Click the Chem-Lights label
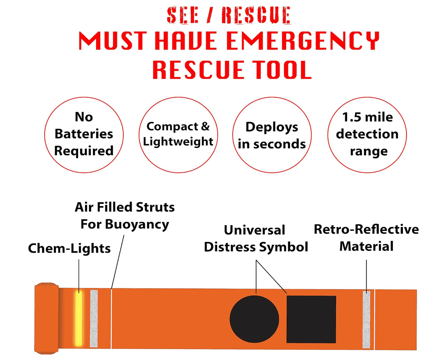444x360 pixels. (69, 248)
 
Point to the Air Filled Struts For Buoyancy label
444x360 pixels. (125, 216)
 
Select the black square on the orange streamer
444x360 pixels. (311, 318)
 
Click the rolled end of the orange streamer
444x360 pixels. (46, 317)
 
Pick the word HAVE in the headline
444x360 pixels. (186, 41)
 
